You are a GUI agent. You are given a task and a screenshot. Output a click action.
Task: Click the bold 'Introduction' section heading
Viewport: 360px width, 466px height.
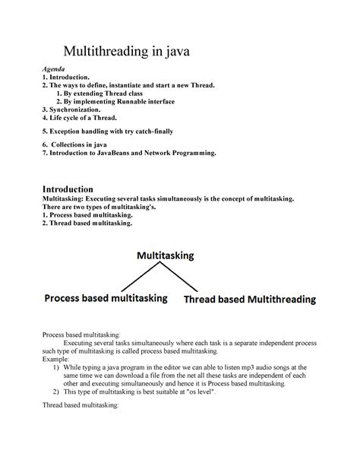pyautogui.click(x=67, y=189)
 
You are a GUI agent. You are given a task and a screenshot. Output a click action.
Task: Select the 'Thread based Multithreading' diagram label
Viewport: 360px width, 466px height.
pyautogui.click(x=250, y=300)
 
